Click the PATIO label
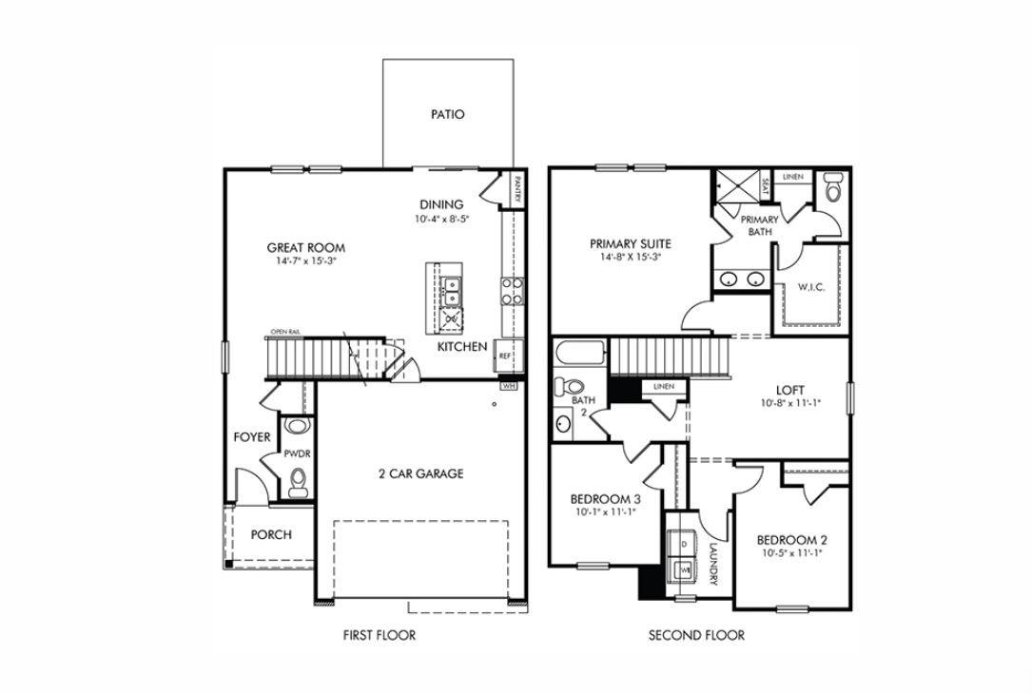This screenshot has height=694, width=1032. click(x=447, y=114)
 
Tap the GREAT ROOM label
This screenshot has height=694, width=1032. click(x=305, y=247)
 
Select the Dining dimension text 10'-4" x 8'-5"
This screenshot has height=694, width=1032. click(x=442, y=219)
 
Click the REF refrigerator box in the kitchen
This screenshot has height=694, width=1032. click(x=504, y=357)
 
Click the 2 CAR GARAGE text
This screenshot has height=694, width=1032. click(x=420, y=473)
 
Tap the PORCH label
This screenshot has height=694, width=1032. click(x=271, y=534)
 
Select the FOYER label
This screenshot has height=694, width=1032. click(x=252, y=437)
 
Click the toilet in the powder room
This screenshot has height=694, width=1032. click(x=299, y=480)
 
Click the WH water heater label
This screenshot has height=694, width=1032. click(x=509, y=387)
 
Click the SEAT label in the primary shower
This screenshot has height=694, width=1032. click(x=765, y=185)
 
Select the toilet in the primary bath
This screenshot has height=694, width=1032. click(x=833, y=187)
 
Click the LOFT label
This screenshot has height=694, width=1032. click(x=790, y=390)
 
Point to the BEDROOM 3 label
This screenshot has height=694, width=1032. click(x=605, y=499)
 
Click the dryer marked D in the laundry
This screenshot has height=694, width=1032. click(x=683, y=543)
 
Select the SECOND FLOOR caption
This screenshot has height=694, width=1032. click(x=696, y=635)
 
